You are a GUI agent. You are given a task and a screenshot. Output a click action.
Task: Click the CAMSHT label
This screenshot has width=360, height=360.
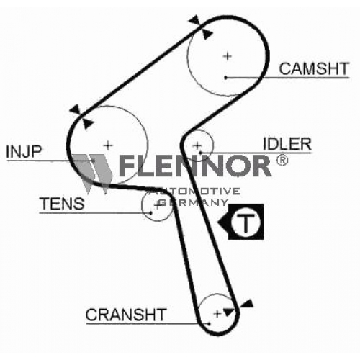[314, 68]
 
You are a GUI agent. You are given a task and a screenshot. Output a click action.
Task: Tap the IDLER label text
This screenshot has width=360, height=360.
[287, 144]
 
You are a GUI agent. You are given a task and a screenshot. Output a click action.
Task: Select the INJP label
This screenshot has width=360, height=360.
[24, 152]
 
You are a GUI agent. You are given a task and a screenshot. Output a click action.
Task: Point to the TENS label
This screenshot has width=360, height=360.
[63, 204]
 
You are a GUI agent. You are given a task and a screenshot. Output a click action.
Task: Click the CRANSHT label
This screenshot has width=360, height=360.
[126, 315]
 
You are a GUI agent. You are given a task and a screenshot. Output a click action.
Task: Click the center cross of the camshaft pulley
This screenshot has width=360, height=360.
[227, 56]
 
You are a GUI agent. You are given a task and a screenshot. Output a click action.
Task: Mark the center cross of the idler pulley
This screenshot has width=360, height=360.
[197, 145]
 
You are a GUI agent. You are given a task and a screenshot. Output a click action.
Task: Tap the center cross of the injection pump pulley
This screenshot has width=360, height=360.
[108, 145]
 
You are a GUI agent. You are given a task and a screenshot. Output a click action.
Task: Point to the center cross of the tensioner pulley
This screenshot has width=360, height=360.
[158, 206]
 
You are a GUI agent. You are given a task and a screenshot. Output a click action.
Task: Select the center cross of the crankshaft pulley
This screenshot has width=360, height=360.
[217, 314]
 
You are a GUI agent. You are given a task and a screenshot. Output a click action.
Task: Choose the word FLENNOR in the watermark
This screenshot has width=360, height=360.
[195, 166]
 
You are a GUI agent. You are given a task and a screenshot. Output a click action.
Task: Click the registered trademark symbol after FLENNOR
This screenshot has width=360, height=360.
[282, 161]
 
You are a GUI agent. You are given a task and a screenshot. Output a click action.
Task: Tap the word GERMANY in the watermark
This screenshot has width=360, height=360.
[193, 203]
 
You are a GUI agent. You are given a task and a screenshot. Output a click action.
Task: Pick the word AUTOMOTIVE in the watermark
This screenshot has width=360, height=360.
[194, 192]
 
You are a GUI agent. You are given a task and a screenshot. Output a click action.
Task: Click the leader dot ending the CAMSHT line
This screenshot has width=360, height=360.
[225, 78]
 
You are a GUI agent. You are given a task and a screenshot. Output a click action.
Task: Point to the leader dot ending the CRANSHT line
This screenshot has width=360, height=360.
[209, 324]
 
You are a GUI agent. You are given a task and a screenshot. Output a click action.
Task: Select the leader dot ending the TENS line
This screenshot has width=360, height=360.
[150, 212]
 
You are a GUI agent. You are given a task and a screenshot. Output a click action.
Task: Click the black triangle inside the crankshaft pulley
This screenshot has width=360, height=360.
[229, 312]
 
